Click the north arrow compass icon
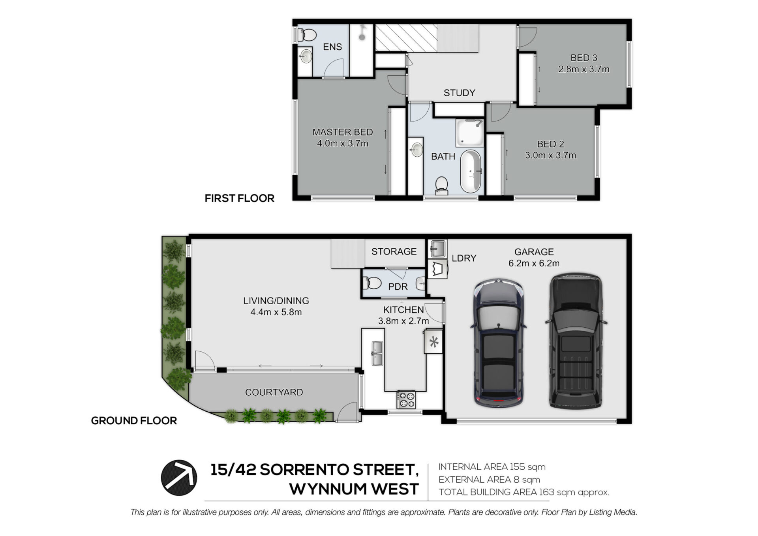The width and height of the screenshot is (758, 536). tap(179, 478)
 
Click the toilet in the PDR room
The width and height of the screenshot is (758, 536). tap(372, 283)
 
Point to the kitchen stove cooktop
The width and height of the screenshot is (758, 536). tap(406, 399)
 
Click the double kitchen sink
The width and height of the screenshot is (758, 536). tap(377, 353)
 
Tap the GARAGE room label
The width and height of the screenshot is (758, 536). tap(534, 252)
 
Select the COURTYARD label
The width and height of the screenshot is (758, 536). tap(274, 392)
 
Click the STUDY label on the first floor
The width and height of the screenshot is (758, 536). tap(459, 93)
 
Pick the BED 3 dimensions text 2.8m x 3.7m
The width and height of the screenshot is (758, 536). tap(584, 69)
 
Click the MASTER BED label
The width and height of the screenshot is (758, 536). tap(343, 132)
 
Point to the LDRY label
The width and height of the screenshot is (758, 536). tap(464, 258)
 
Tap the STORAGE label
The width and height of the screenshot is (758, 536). tap(394, 251)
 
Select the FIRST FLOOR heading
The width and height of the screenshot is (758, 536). tap(239, 198)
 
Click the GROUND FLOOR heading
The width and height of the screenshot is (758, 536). tap(134, 421)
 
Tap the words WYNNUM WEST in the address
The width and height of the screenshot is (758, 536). tap(354, 489)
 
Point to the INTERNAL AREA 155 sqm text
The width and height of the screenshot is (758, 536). tap(492, 467)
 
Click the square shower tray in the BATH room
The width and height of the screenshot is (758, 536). tap(470, 133)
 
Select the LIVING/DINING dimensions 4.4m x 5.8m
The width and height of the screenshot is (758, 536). tap(276, 312)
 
